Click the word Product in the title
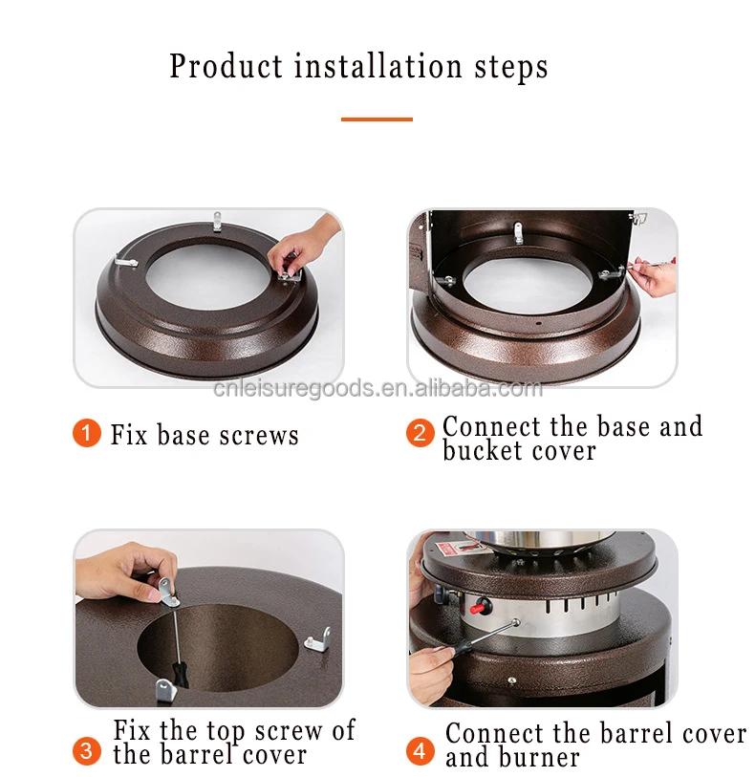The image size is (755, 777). (x=226, y=67)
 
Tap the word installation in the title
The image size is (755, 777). (x=378, y=66)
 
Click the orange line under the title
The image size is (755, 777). (x=377, y=119)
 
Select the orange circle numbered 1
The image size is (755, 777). (x=87, y=433)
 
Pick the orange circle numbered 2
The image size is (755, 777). (x=421, y=433)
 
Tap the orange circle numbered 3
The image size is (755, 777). (x=87, y=751)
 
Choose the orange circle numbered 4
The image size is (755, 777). (x=421, y=751)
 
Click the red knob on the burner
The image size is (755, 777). (x=480, y=606)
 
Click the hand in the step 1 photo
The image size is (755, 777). (x=302, y=245)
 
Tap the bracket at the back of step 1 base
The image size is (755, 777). (x=217, y=222)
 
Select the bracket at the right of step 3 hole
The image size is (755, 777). (x=317, y=640)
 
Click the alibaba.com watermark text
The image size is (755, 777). (x=377, y=388)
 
